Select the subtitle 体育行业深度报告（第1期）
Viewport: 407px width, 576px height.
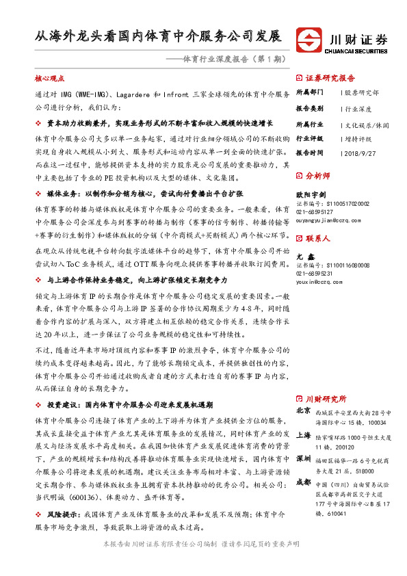pyautogui.click(x=226, y=60)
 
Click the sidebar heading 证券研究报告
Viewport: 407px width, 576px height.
pyautogui.click(x=330, y=78)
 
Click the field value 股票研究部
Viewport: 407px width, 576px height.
pyautogui.click(x=362, y=92)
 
